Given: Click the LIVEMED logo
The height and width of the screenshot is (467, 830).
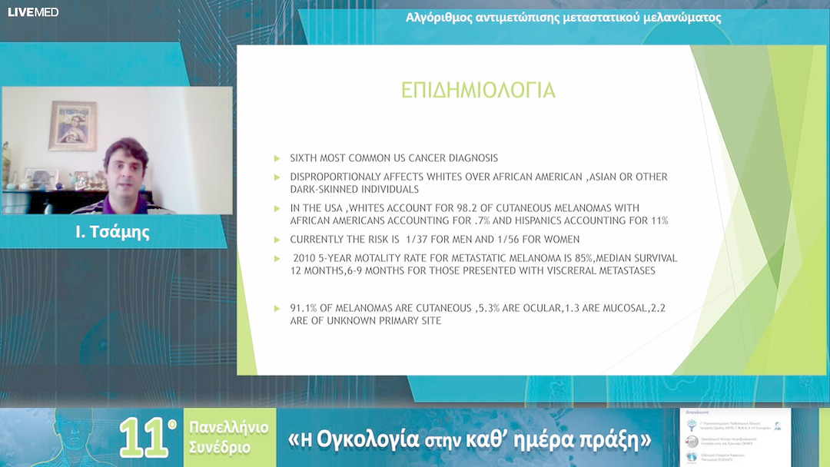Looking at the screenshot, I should click(33, 12).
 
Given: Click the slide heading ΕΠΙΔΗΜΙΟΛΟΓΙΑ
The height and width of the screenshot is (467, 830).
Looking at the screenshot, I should click(478, 90).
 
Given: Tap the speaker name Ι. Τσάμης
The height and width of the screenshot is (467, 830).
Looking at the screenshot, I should click(113, 232).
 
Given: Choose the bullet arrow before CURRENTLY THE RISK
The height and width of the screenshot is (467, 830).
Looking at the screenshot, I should click(277, 240).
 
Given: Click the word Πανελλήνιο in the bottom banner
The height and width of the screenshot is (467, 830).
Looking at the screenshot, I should click(231, 428).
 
